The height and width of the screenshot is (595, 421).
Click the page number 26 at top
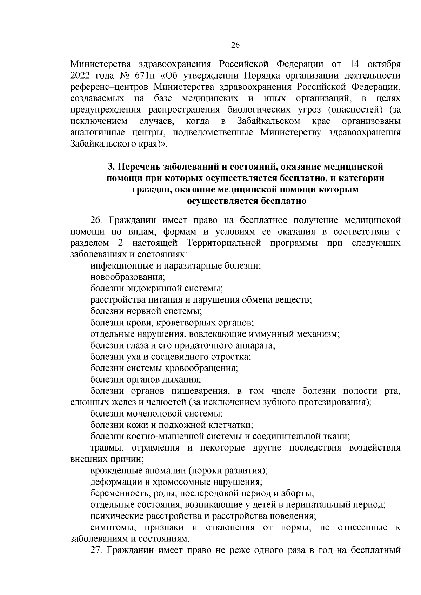pyautogui.click(x=235, y=45)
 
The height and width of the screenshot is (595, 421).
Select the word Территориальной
pyautogui.click(x=225, y=243)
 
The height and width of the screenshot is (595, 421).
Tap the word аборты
pyautogui.click(x=301, y=493)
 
